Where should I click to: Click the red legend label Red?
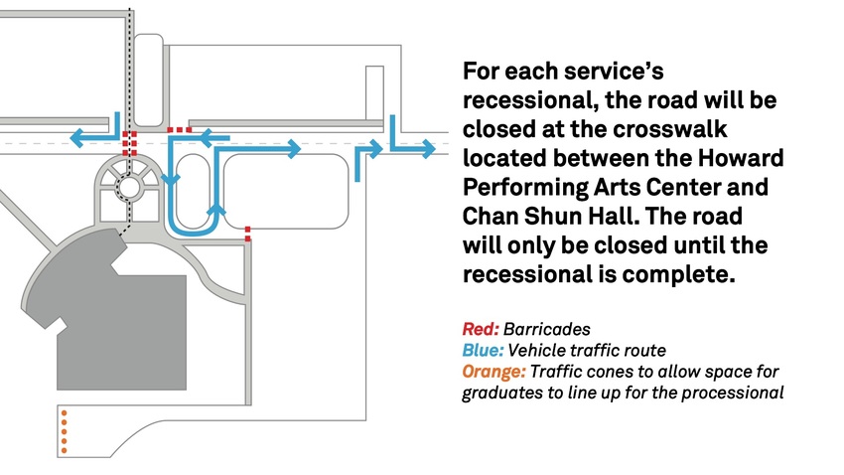[481, 328]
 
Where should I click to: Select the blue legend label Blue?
[484, 350]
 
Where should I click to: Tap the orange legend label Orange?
[493, 372]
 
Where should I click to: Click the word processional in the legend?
[740, 394]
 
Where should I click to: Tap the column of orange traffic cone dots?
[64, 431]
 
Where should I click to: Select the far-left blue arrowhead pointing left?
[76, 135]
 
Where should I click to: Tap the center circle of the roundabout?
[127, 186]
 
